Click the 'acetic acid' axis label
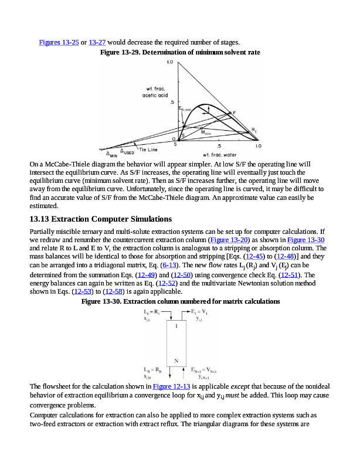(x=155, y=94)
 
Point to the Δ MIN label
(x=111, y=155)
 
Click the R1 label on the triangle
(x=254, y=129)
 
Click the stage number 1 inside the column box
(x=176, y=327)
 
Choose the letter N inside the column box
(x=176, y=361)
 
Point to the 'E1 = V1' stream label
(x=203, y=312)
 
